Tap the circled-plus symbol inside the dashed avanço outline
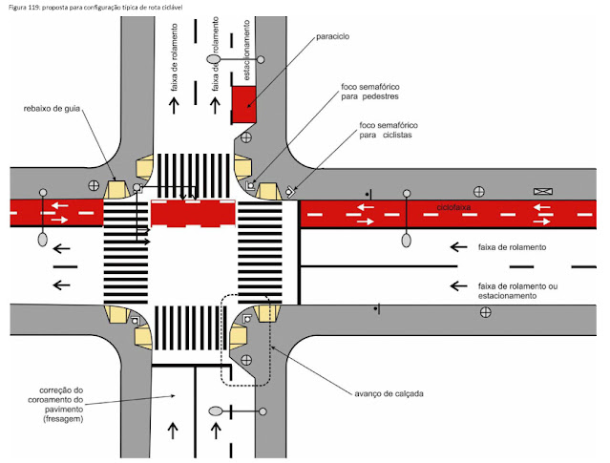245,361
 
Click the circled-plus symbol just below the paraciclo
245,137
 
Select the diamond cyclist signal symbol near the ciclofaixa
289,190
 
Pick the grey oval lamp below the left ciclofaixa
42,240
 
